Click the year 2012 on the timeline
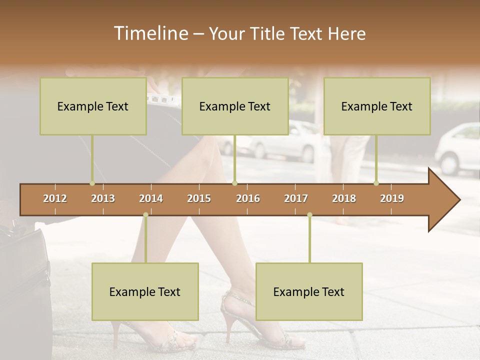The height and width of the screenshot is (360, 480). click(55, 198)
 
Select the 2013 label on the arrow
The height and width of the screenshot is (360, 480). click(103, 198)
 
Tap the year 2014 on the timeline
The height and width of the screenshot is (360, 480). click(151, 198)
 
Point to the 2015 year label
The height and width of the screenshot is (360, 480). click(199, 198)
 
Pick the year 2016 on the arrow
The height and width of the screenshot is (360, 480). click(248, 198)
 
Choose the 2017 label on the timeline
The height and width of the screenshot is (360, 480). click(296, 198)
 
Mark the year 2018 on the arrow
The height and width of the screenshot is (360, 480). click(344, 198)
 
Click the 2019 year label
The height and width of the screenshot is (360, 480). click(392, 198)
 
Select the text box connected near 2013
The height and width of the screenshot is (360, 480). click(93, 106)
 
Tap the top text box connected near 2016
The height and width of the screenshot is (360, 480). click(235, 106)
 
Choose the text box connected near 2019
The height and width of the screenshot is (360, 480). click(377, 106)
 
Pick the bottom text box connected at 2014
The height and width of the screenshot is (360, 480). click(145, 291)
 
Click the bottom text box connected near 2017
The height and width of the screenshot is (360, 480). click(309, 291)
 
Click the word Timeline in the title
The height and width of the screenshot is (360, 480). click(150, 33)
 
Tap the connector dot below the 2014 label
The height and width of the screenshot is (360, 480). click(145, 215)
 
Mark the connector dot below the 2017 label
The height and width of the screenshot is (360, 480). click(309, 215)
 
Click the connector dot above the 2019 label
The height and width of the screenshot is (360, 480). click(376, 183)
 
